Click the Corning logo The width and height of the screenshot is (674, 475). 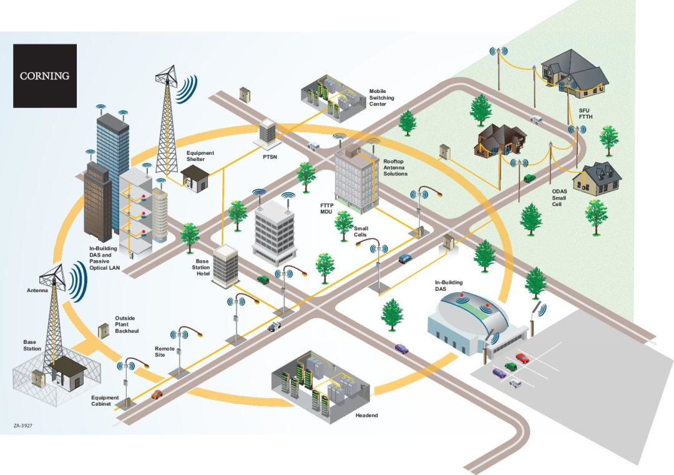click(x=44, y=76)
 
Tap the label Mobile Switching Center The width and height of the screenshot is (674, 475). click(x=381, y=98)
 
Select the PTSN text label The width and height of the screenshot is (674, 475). click(x=270, y=157)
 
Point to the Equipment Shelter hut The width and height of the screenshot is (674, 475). click(x=195, y=179)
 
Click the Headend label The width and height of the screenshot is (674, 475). click(x=366, y=415)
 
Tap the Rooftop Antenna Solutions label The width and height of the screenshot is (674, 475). click(x=395, y=167)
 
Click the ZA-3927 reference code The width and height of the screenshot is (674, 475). click(x=22, y=426)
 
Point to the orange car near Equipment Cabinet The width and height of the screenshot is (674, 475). click(x=157, y=394)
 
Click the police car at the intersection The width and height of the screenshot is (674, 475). click(x=275, y=326)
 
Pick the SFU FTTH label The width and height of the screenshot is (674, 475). click(x=584, y=113)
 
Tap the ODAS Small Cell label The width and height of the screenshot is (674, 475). click(x=559, y=198)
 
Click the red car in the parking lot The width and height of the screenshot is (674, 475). click(x=522, y=358)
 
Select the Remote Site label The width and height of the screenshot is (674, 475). click(x=160, y=351)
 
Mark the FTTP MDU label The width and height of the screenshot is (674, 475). click(x=328, y=208)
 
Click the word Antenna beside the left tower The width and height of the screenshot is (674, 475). click(x=37, y=291)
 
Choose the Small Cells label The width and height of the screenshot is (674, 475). click(x=361, y=232)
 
